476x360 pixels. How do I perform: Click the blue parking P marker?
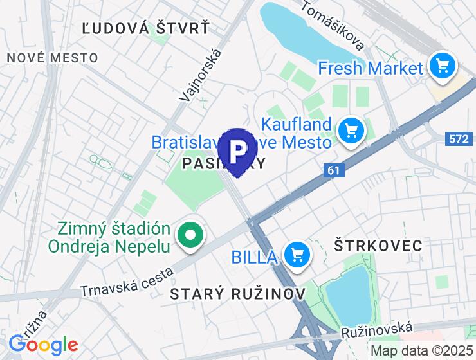pos(238,150)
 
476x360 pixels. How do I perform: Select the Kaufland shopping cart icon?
pos(351,131)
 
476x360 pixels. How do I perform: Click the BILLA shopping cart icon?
pos(297,255)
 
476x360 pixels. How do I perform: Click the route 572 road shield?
pos(459,138)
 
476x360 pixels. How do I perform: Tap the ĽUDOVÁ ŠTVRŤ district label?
pos(147,28)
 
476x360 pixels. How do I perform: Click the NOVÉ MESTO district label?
pos(53,58)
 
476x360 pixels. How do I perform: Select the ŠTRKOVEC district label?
pos(378,245)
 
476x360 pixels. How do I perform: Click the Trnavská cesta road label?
pos(128,282)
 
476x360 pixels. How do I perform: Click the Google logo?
pos(43,345)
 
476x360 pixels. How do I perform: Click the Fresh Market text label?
pos(370,67)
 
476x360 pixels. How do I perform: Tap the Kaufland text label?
pos(297,123)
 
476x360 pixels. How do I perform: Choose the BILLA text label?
pos(255,257)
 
